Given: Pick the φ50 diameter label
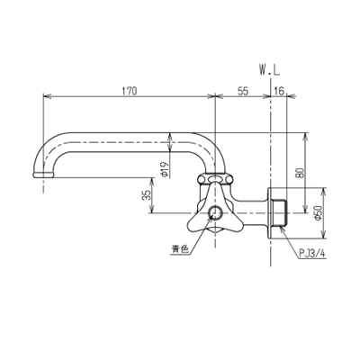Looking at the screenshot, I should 319,213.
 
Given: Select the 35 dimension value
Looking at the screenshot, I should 147,195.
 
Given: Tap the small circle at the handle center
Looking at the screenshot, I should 216,213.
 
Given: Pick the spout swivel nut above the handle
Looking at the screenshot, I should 216,175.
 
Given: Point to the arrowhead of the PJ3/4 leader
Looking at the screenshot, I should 281,231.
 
